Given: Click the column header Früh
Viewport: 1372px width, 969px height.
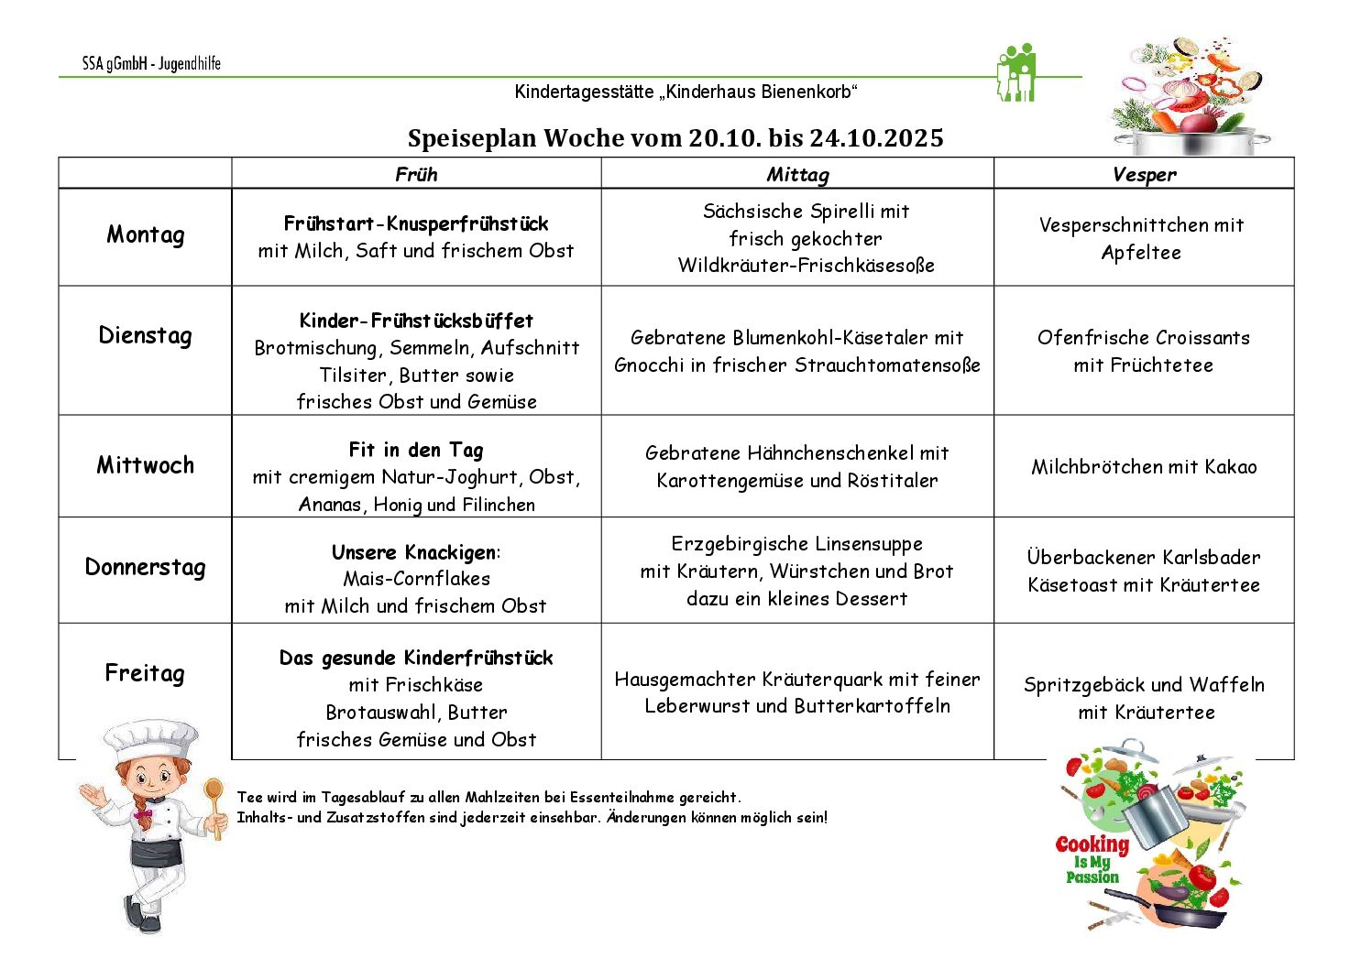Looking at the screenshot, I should tap(416, 174).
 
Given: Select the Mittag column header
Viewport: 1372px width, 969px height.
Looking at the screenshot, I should tap(797, 174).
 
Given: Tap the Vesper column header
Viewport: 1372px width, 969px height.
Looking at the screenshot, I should tap(1144, 174).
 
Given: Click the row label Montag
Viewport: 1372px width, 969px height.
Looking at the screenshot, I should tap(145, 234).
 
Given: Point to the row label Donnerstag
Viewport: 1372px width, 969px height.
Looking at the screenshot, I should tap(145, 567).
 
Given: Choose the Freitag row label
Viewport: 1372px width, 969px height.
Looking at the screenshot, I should tap(145, 673).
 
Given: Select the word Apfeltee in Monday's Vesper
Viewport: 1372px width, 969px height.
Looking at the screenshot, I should tap(1141, 253).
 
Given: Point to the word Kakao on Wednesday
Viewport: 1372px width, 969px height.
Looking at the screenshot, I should tap(1231, 467).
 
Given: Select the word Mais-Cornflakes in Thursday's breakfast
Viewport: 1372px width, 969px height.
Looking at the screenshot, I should tap(416, 579).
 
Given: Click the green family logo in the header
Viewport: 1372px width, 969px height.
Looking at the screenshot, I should tap(1015, 73).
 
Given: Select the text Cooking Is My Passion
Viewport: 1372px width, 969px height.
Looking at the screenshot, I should tap(1092, 858).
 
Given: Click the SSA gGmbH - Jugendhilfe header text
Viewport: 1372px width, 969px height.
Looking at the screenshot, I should tap(151, 64).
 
